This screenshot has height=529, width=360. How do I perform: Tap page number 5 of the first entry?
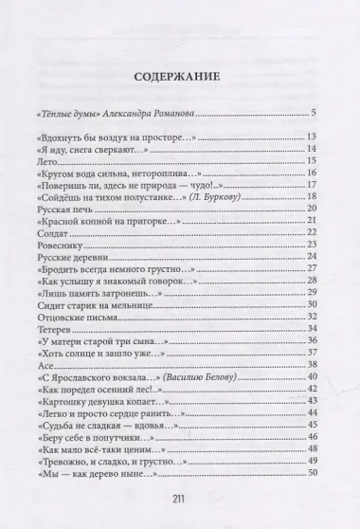(x=313, y=115)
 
